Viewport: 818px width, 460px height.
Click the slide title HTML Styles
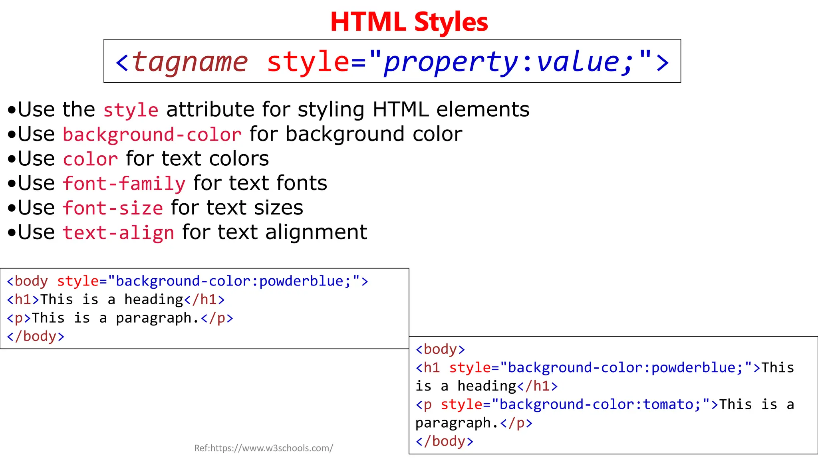[x=409, y=22]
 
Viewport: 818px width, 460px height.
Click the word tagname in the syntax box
[x=190, y=62]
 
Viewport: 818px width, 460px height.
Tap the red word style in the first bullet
[x=131, y=110]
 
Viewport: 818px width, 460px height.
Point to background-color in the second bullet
[x=152, y=135]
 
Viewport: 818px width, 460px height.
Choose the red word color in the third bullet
[x=90, y=159]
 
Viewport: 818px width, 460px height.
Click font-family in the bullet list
[x=124, y=184]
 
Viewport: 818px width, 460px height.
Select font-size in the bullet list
[x=113, y=208]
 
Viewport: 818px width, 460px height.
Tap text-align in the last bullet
[x=118, y=233]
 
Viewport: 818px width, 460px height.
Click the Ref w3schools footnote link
[x=264, y=448]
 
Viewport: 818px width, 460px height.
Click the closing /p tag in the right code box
[x=516, y=423]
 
